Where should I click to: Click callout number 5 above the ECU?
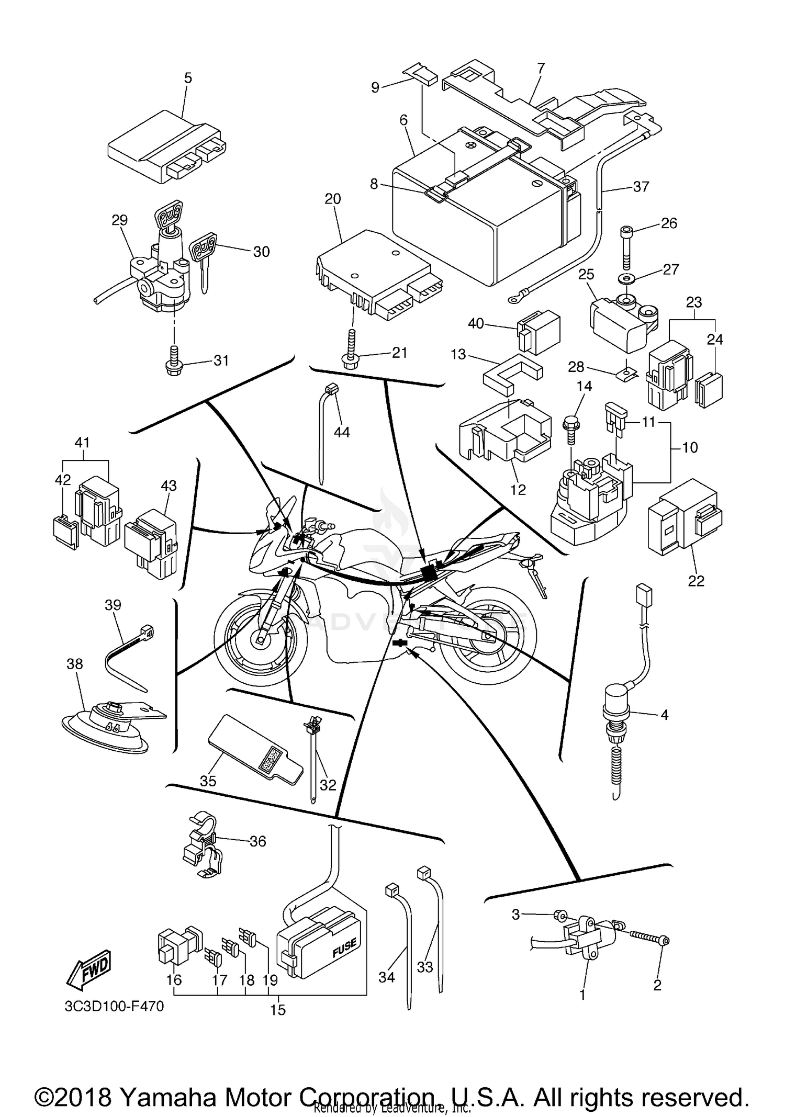tap(188, 78)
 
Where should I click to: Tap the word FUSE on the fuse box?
tap(344, 947)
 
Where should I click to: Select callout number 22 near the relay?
tap(696, 581)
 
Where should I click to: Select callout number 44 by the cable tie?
tap(342, 432)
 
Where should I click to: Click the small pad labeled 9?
tap(421, 74)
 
